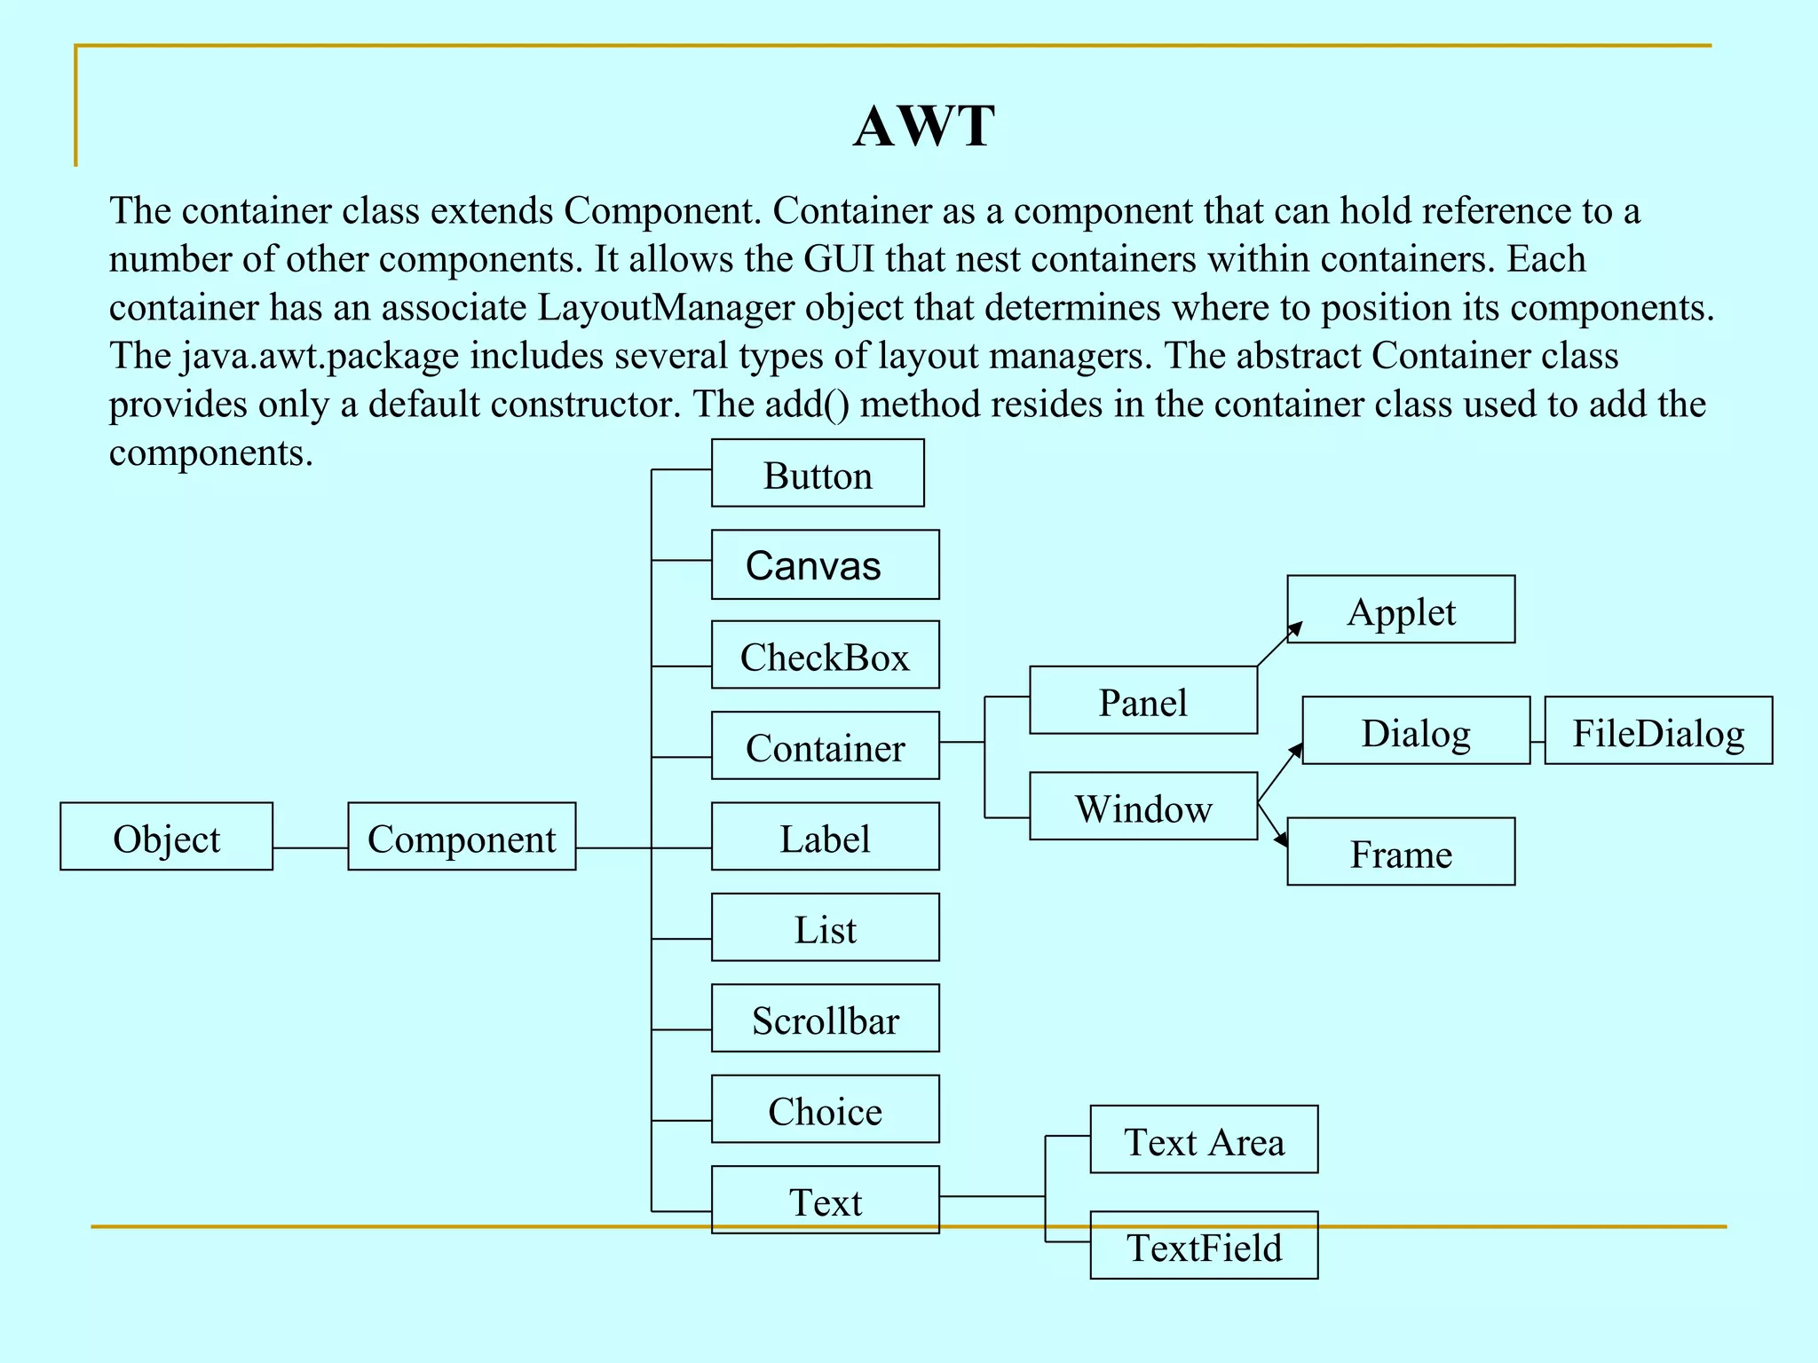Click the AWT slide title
(923, 126)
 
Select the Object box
(166, 837)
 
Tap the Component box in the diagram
(462, 837)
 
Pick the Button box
(818, 474)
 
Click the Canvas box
(825, 564)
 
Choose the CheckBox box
(825, 656)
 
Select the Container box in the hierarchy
(825, 746)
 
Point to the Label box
(825, 837)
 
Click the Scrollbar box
(825, 1019)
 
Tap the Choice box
(825, 1109)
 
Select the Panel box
(1143, 701)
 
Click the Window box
(1143, 807)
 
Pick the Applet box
(1401, 610)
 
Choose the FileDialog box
(1658, 731)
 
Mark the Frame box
(1401, 852)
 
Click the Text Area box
(1204, 1140)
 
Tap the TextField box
(1204, 1246)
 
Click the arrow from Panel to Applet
(1279, 644)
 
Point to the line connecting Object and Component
(310, 848)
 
